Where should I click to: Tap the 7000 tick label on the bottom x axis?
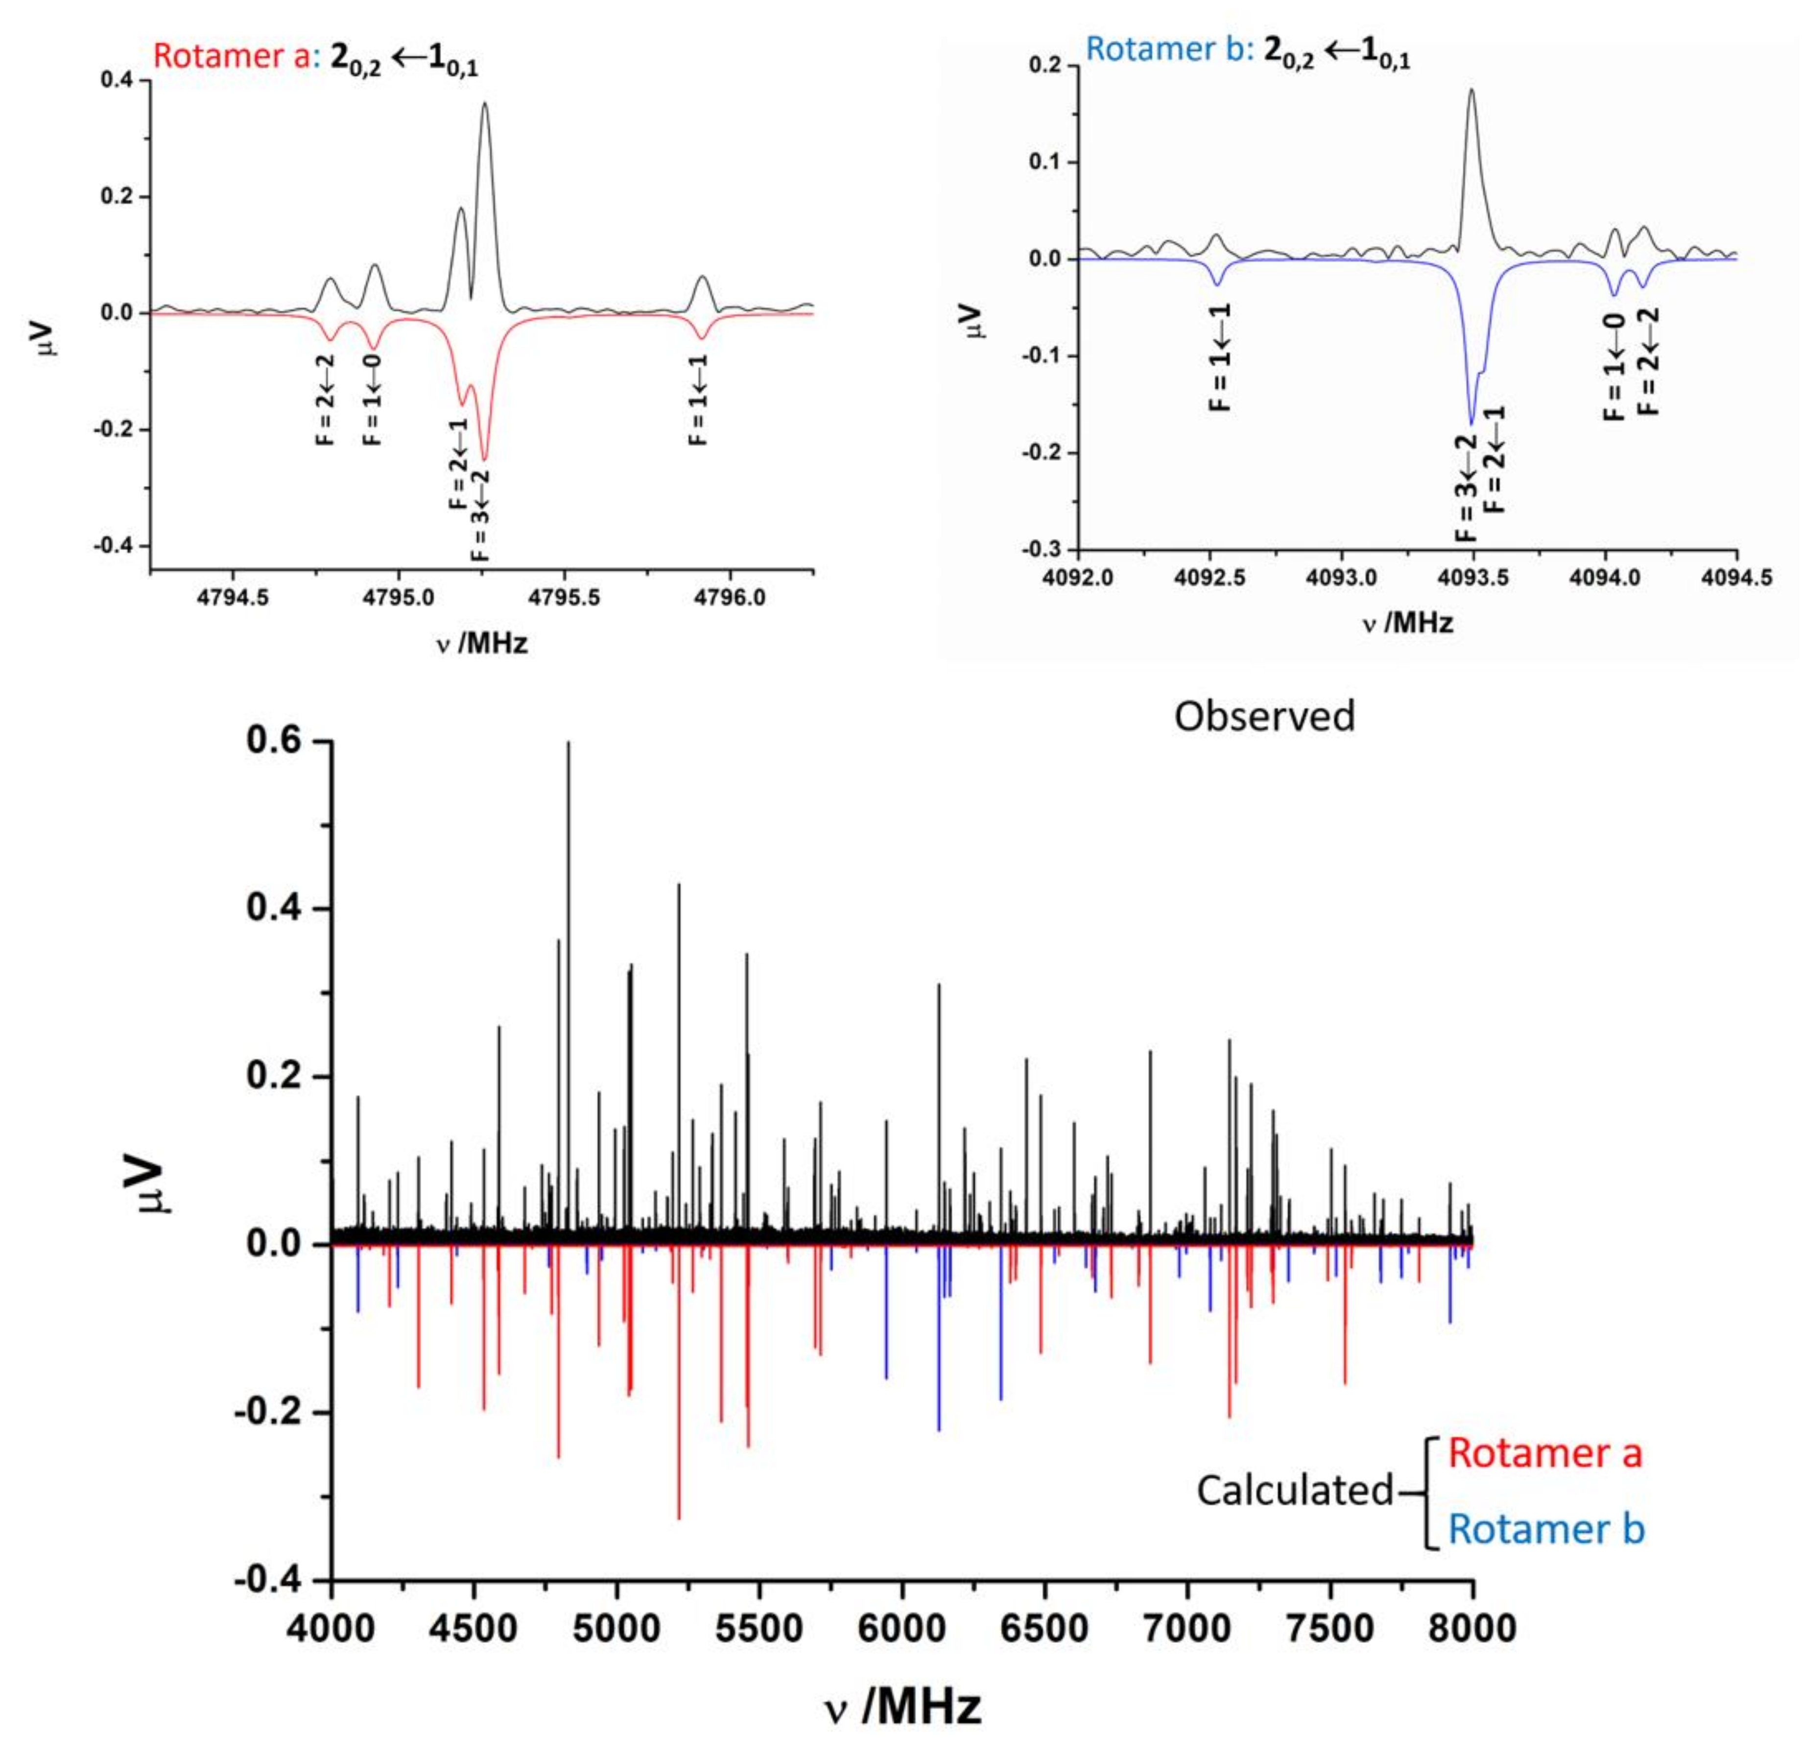pos(1188,1628)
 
